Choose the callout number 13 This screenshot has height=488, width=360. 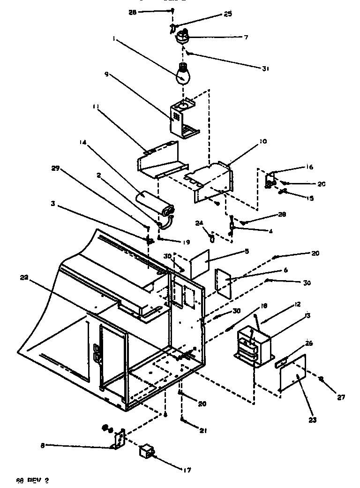307,316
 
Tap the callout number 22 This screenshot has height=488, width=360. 24,278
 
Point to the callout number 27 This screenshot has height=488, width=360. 341,397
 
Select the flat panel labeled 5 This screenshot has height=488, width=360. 199,260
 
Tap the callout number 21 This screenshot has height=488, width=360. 203,431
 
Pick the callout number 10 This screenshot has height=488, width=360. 264,141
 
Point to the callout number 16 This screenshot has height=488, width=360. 309,167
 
